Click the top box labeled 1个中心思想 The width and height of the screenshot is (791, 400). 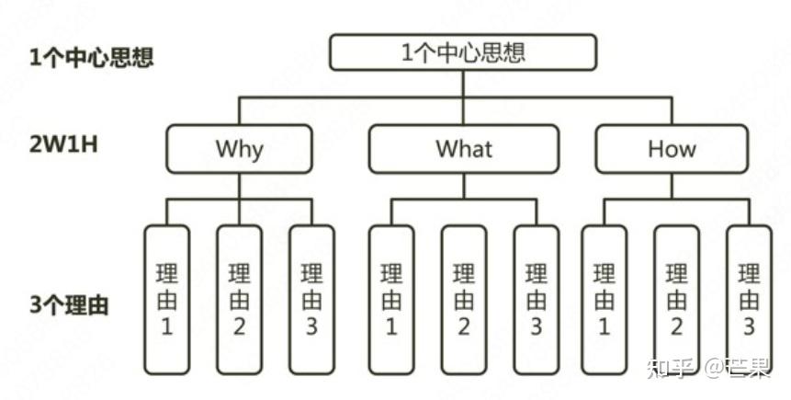tap(463, 51)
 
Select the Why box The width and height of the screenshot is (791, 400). tap(239, 149)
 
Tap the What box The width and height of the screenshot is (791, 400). tap(463, 149)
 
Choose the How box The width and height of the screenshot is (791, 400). tap(671, 149)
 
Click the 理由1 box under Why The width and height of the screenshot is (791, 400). tap(167, 300)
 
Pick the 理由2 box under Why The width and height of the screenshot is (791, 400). tap(239, 300)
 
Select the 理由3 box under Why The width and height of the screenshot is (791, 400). tap(311, 300)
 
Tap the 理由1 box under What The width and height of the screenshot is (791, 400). tap(391, 300)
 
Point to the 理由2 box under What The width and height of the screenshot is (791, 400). tap(464, 300)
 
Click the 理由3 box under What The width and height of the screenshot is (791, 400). tap(536, 300)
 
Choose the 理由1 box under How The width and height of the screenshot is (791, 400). tap(605, 300)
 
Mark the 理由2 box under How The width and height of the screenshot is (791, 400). tap(677, 300)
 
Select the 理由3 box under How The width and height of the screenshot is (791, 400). tap(749, 300)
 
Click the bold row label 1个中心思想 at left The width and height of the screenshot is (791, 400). tap(91, 57)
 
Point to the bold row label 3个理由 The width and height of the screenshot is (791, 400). tap(68, 305)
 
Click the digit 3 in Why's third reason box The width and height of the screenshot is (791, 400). tap(311, 326)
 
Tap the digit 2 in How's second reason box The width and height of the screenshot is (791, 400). tap(677, 326)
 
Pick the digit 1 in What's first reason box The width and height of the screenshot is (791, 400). tap(391, 326)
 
